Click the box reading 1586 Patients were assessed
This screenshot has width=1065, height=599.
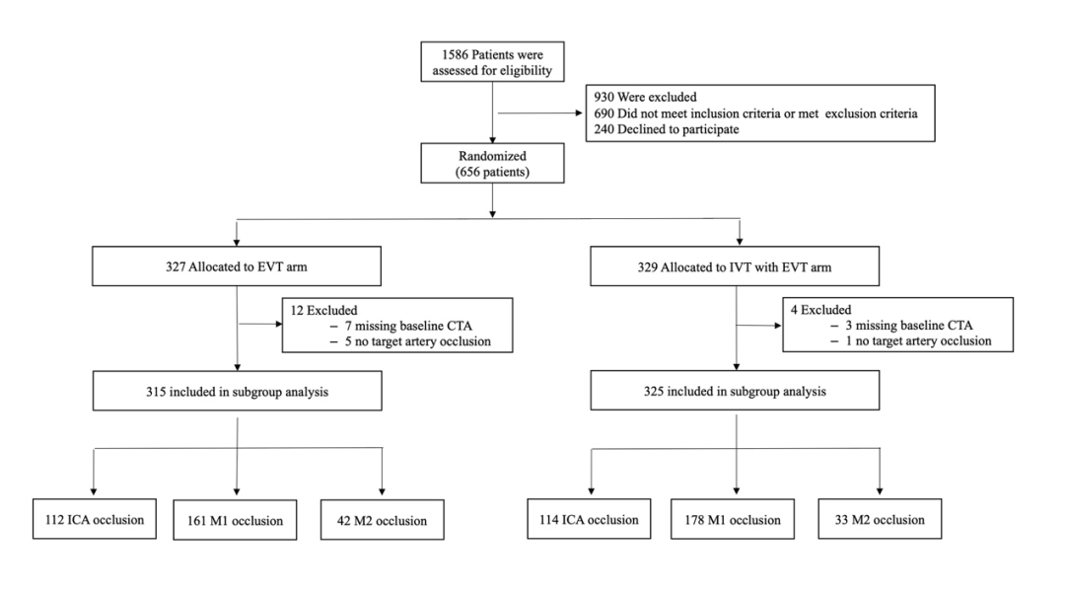(492, 62)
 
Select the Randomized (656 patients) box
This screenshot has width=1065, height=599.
(492, 163)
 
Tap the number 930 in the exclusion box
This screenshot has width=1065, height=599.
(603, 98)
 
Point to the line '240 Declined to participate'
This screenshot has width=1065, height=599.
(667, 129)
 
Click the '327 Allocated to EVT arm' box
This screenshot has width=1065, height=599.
(237, 266)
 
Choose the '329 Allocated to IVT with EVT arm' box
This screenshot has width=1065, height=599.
(735, 266)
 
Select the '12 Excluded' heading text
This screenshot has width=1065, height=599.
(323, 311)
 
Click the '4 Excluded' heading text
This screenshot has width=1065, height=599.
(820, 310)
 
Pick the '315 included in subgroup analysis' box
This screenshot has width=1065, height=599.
(237, 391)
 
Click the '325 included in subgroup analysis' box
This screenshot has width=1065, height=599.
(735, 391)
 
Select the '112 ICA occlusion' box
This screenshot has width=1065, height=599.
(95, 519)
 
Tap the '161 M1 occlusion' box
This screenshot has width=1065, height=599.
(235, 521)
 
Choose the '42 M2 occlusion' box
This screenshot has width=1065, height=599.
(383, 521)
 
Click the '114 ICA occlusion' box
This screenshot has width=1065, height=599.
(589, 519)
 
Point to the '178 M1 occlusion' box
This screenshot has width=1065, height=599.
(732, 520)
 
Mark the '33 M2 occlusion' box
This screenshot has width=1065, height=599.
(880, 519)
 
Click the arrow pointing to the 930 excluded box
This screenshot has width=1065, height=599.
(540, 112)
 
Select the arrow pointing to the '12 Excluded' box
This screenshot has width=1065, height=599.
(260, 325)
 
